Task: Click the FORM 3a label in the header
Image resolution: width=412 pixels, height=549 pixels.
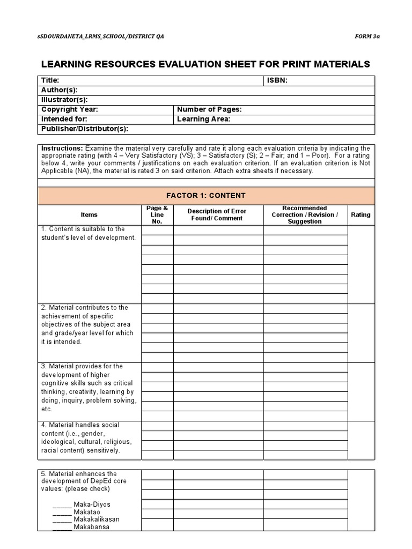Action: (367, 37)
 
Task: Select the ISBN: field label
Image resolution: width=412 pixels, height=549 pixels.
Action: (277, 80)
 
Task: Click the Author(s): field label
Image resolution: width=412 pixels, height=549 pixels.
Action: (59, 90)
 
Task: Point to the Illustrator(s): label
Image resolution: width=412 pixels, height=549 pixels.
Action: (64, 99)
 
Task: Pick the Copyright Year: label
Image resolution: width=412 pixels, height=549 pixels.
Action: (69, 109)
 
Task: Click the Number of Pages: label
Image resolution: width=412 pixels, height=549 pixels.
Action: (209, 109)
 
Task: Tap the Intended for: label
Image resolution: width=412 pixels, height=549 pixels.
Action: (64, 119)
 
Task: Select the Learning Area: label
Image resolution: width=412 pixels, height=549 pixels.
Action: (203, 119)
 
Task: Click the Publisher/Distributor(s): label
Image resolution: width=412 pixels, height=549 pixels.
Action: (85, 129)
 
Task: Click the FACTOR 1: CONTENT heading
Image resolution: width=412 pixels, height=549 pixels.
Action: (206, 196)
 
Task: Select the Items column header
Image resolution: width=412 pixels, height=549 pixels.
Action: (89, 214)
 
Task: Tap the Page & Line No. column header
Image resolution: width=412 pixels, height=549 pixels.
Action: (157, 214)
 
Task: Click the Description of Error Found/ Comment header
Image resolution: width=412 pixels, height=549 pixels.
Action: (217, 214)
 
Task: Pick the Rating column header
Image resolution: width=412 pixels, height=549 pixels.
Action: (360, 214)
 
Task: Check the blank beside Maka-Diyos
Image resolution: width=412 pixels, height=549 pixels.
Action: (62, 505)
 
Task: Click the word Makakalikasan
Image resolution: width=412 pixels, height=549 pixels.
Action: (97, 519)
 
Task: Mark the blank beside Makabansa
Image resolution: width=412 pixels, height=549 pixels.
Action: (62, 527)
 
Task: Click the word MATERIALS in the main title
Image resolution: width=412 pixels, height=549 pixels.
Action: (338, 64)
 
